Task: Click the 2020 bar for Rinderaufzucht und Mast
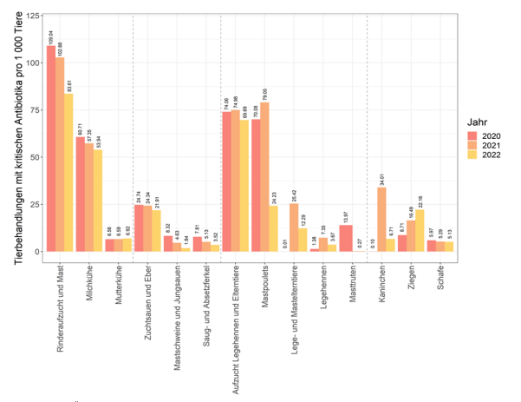51,148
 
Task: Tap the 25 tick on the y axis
32,205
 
